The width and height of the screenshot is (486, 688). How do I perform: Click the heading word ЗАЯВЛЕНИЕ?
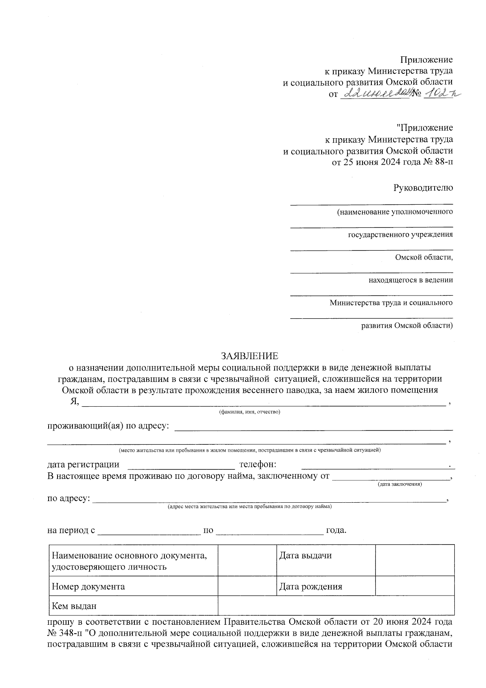tap(249, 356)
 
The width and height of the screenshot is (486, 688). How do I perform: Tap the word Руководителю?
tap(423, 188)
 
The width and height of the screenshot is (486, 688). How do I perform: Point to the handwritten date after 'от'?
tap(375, 94)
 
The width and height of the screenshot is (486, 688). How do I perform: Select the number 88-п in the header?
tap(441, 163)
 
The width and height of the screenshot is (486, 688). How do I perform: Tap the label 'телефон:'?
tap(258, 465)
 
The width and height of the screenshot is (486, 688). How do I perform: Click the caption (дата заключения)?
tap(400, 484)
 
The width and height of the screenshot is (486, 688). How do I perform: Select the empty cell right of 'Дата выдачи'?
tap(414, 560)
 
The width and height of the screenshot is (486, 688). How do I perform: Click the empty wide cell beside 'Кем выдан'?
tap(336, 606)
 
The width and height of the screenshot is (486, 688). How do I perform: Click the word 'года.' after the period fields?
tap(336, 530)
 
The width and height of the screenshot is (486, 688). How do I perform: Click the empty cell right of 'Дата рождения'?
tap(414, 586)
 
